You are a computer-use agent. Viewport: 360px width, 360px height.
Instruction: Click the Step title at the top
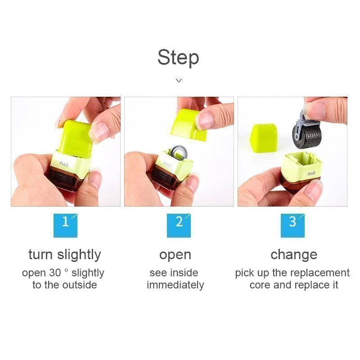pyautogui.click(x=178, y=58)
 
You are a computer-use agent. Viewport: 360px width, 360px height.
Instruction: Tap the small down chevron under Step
pyautogui.click(x=179, y=81)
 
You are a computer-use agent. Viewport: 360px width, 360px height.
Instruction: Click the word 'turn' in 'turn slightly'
pyautogui.click(x=40, y=255)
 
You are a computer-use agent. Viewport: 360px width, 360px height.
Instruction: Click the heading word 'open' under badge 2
pyautogui.click(x=175, y=255)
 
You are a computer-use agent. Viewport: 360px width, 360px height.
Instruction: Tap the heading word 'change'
pyautogui.click(x=293, y=255)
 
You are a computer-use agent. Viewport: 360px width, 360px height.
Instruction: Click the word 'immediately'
pyautogui.click(x=175, y=285)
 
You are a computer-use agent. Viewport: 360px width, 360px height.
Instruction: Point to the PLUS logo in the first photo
pyautogui.click(x=64, y=165)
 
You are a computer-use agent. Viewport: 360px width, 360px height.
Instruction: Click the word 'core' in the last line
pyautogui.click(x=260, y=285)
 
